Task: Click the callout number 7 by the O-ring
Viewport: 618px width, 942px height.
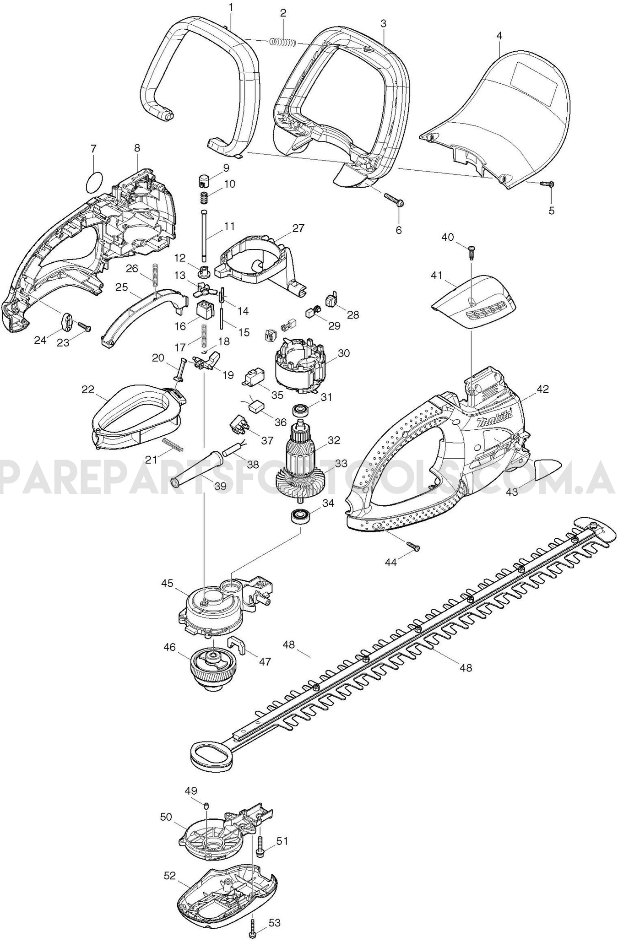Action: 93,149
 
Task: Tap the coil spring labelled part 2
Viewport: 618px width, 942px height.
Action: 282,42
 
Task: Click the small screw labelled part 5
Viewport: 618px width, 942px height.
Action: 547,184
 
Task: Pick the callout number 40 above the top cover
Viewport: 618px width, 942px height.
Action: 447,237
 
